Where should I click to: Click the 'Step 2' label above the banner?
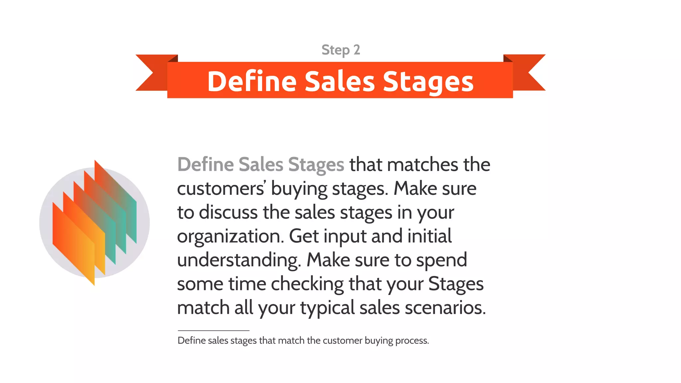(340, 50)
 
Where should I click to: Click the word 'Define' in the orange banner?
(252, 81)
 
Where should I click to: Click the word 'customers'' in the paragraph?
(221, 189)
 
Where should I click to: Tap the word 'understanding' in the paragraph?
(239, 260)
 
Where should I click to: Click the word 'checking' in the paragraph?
(307, 284)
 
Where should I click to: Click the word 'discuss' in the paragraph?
(228, 212)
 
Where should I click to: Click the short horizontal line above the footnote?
(213, 330)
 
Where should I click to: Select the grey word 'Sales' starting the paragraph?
(261, 165)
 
